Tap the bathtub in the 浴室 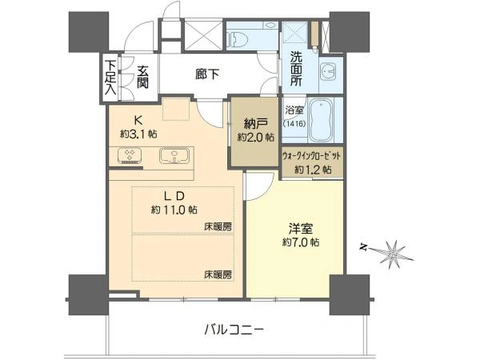click(x=321, y=120)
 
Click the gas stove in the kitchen click(x=129, y=154)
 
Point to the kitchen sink click(x=174, y=155)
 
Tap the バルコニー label click(x=234, y=330)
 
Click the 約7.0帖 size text click(x=301, y=242)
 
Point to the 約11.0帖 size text click(x=174, y=210)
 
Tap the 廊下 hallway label click(x=207, y=74)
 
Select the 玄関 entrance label click(x=142, y=77)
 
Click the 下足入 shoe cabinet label click(x=110, y=77)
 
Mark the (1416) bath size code click(x=294, y=124)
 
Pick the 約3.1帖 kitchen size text click(x=138, y=134)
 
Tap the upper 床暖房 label click(x=218, y=227)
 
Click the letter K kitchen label click(x=138, y=120)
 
